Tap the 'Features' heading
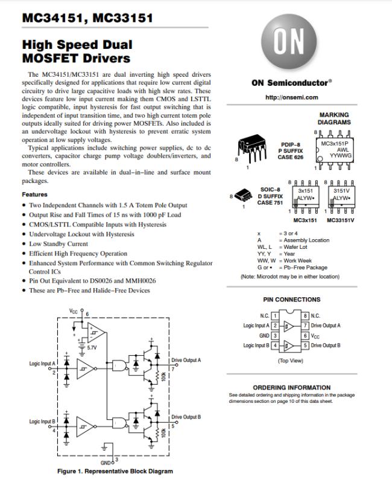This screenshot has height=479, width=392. [34, 194]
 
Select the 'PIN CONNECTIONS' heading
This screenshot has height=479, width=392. [292, 300]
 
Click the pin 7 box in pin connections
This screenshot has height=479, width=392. [306, 326]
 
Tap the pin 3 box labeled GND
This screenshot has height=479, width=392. [274, 335]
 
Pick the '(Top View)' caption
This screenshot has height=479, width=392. [291, 361]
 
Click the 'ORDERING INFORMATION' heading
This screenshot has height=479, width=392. [291, 387]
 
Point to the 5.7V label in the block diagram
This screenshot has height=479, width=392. [92, 349]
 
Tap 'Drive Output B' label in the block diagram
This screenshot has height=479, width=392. [186, 417]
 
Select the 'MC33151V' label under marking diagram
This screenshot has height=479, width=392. [340, 220]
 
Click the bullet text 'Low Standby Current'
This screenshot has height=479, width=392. [58, 244]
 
